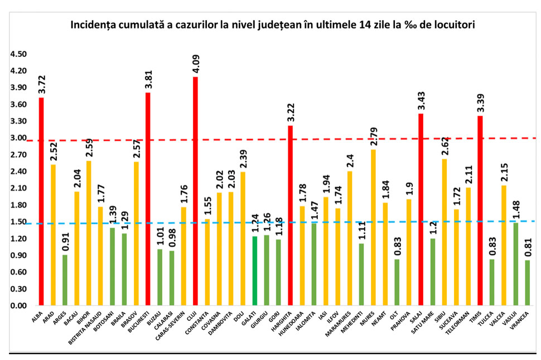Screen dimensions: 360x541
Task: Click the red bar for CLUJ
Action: pos(195,191)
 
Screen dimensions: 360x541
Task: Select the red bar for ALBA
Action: pos(41,201)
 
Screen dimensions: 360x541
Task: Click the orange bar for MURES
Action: pos(373,228)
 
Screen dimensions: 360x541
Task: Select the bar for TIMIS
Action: pos(480,211)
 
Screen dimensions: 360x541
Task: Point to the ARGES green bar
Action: pos(65,280)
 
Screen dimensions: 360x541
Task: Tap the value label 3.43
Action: pos(421,100)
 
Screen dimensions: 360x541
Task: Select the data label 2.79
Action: pos(373,136)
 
